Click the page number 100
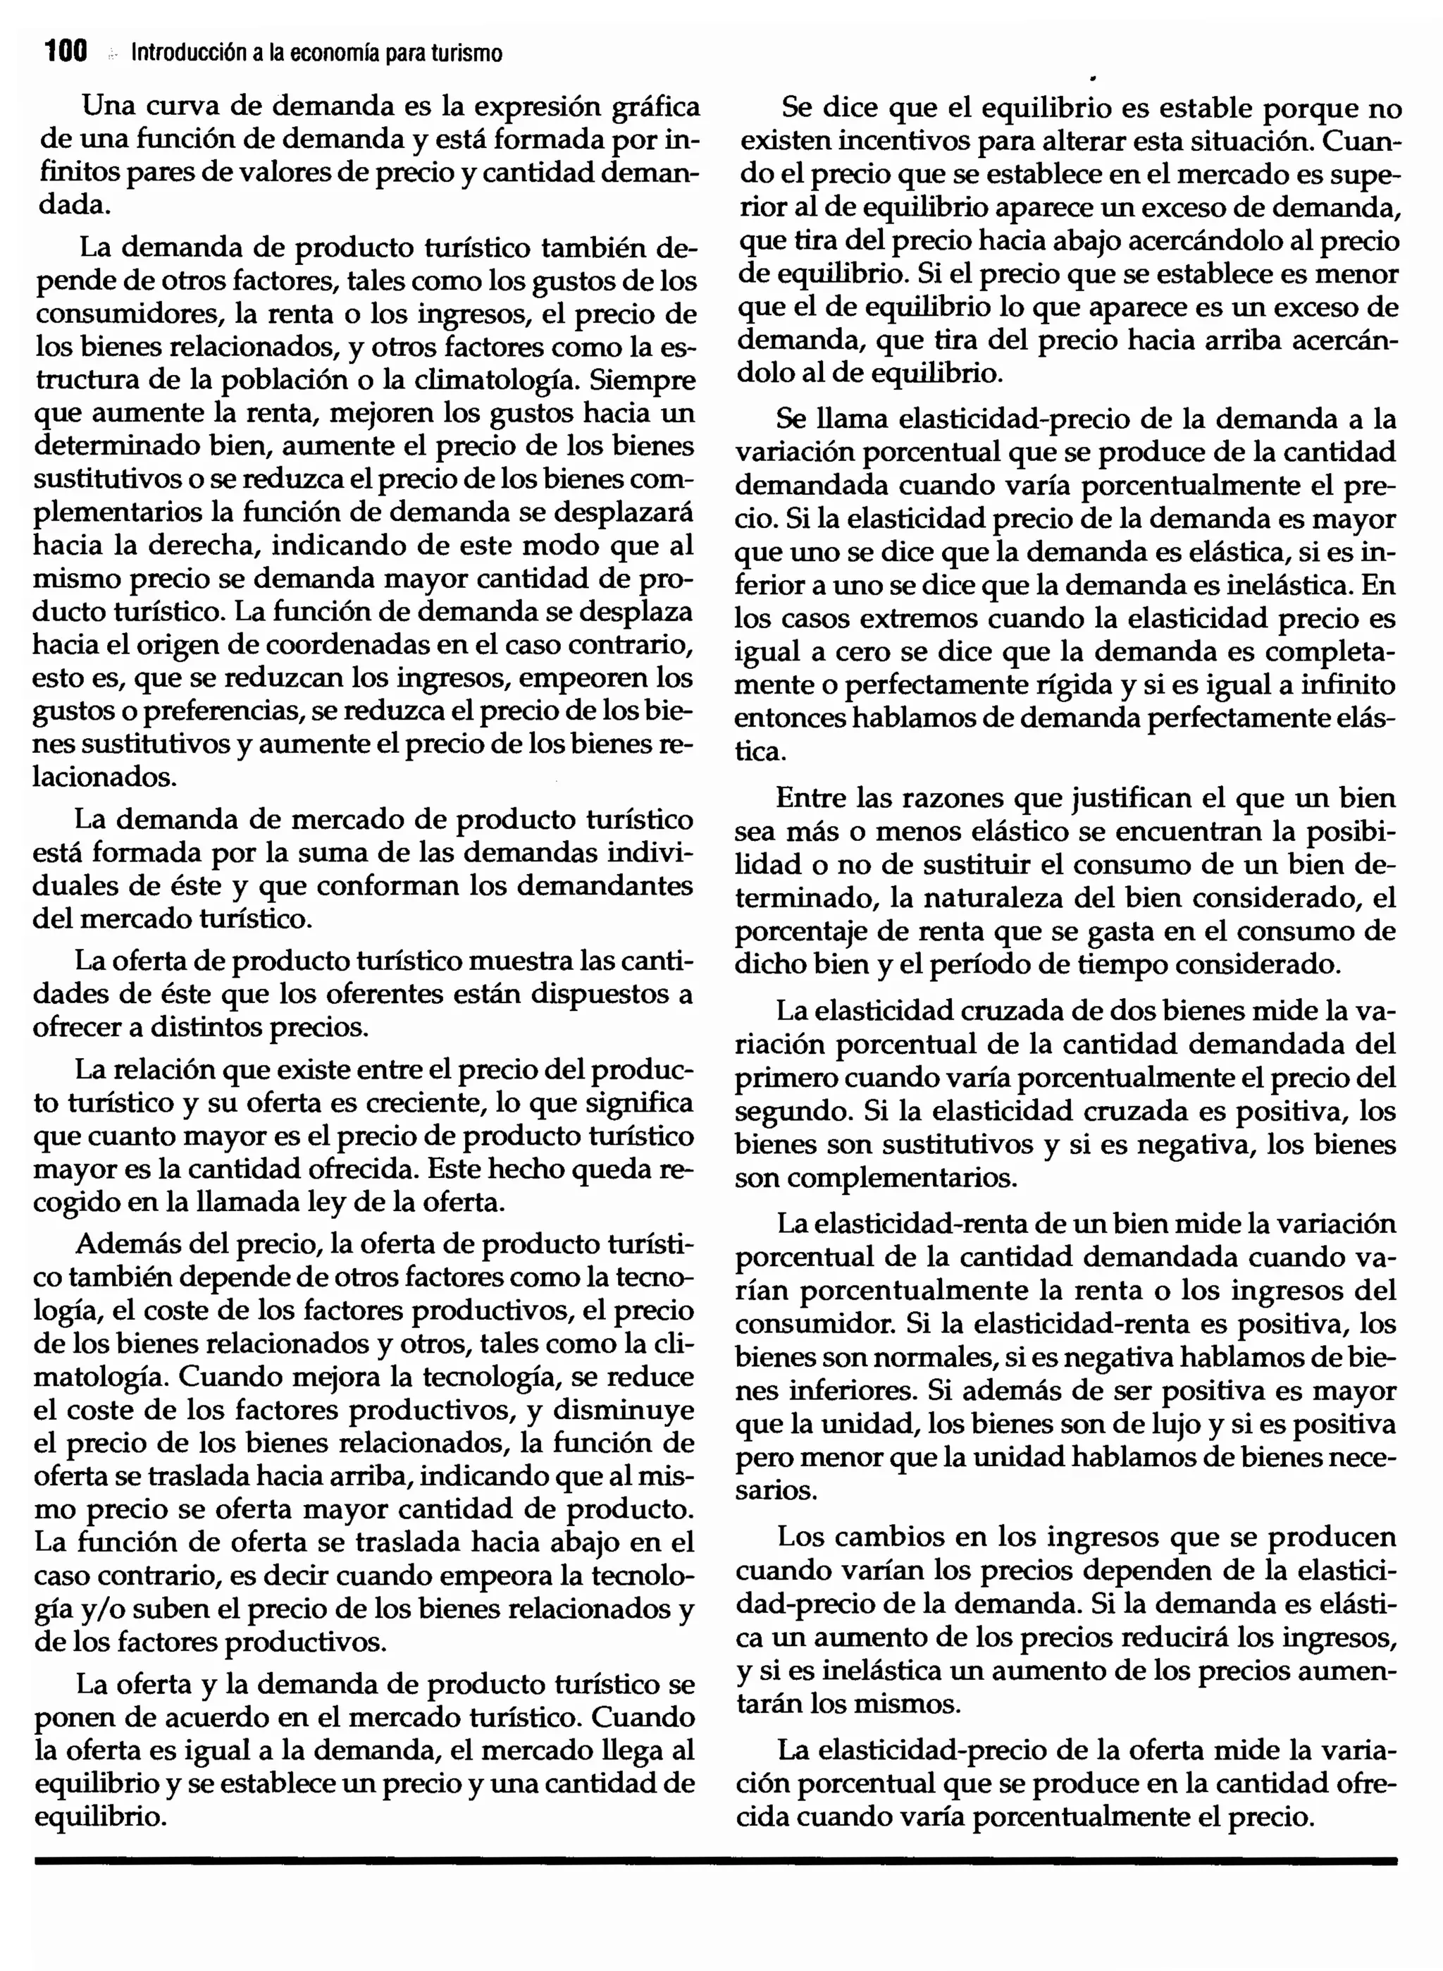pyautogui.click(x=66, y=52)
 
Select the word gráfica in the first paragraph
pyautogui.click(x=656, y=107)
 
